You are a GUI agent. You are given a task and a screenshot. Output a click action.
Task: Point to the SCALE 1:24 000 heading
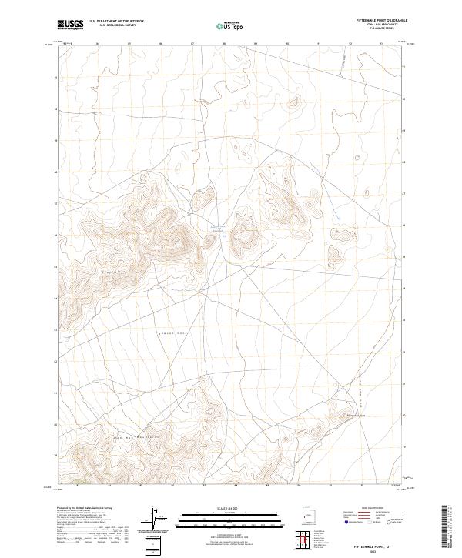click(x=220, y=508)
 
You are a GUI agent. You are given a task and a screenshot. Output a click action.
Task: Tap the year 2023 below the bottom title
click(x=375, y=550)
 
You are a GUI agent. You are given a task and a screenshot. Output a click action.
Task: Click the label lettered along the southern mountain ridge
click(x=137, y=436)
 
